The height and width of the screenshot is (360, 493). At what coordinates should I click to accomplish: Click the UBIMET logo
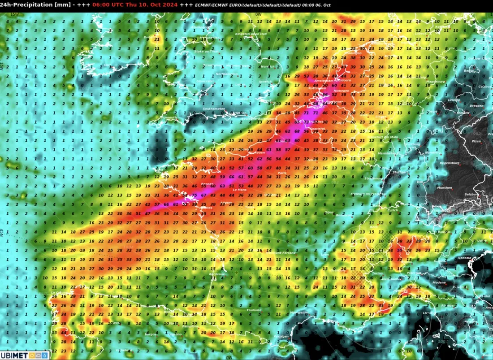point(25,355)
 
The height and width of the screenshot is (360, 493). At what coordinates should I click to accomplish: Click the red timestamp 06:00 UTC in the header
point(111,5)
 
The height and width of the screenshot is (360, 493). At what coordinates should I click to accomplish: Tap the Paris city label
point(282,173)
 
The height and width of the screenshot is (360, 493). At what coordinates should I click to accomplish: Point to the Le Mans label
point(241,190)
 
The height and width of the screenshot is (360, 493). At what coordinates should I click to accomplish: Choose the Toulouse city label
point(254,310)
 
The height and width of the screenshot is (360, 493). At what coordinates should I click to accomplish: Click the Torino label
point(378,273)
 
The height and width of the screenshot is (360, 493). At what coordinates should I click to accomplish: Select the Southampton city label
point(213,109)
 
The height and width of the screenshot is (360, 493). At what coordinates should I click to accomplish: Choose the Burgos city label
point(151,334)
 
